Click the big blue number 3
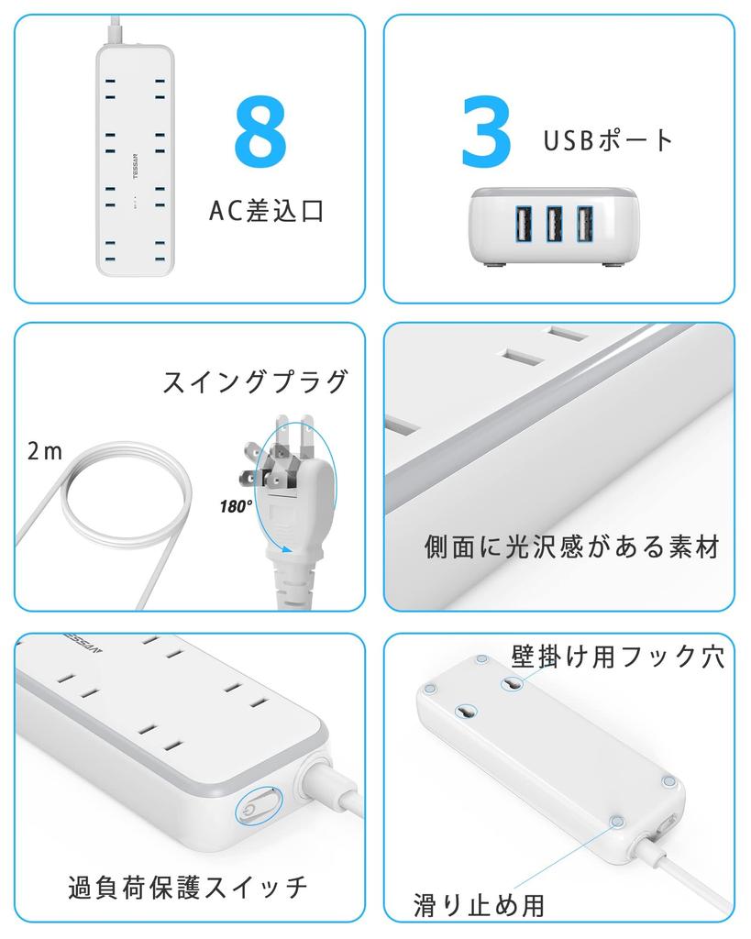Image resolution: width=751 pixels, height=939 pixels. pos(486,134)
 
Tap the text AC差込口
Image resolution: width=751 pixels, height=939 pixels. pos(267,212)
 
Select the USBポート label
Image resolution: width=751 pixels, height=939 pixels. pos(608,140)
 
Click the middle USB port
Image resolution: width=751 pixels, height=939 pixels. pos(554,225)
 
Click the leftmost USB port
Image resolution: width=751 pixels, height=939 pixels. pos(521,225)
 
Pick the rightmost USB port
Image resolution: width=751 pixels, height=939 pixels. pos(585,225)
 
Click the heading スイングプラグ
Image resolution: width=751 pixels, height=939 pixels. pos(256,381)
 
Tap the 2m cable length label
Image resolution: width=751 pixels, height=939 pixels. pos(45,451)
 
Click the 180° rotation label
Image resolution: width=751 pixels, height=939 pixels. pos(236,505)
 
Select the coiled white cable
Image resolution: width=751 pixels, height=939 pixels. pos(105,500)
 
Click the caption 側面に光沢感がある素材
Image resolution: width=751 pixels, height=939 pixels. pos(572,547)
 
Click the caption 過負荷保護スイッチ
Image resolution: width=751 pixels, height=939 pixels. pos(188,887)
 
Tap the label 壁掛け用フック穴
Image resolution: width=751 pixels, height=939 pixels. pos(618,657)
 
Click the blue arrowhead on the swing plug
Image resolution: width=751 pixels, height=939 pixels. pos(290,551)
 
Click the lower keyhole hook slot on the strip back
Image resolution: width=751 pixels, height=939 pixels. pos(467,713)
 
